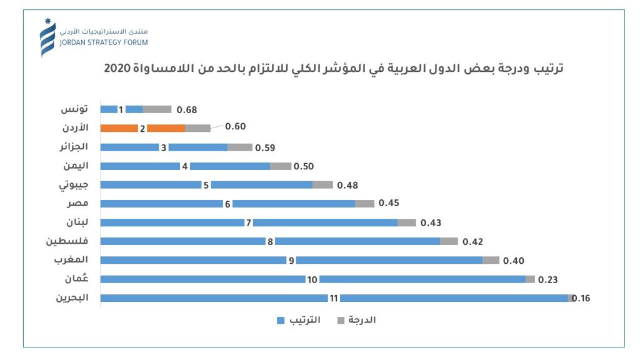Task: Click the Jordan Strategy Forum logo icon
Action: [x=47, y=37]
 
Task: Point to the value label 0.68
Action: [x=186, y=110]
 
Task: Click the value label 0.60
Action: [x=235, y=126]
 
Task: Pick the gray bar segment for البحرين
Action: [x=570, y=298]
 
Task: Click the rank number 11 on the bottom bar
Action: [x=334, y=298]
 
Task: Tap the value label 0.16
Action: [x=581, y=298]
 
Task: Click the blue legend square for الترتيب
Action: [x=280, y=321]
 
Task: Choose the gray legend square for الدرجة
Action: [x=341, y=321]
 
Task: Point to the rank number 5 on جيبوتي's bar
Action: [x=206, y=185]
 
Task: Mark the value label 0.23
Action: [x=547, y=279]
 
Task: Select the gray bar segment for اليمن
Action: [x=281, y=166]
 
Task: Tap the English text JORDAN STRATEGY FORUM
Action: [x=103, y=42]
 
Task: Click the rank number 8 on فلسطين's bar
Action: [x=270, y=241]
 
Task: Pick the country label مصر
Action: [x=77, y=204]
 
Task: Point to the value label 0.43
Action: [x=431, y=222]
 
